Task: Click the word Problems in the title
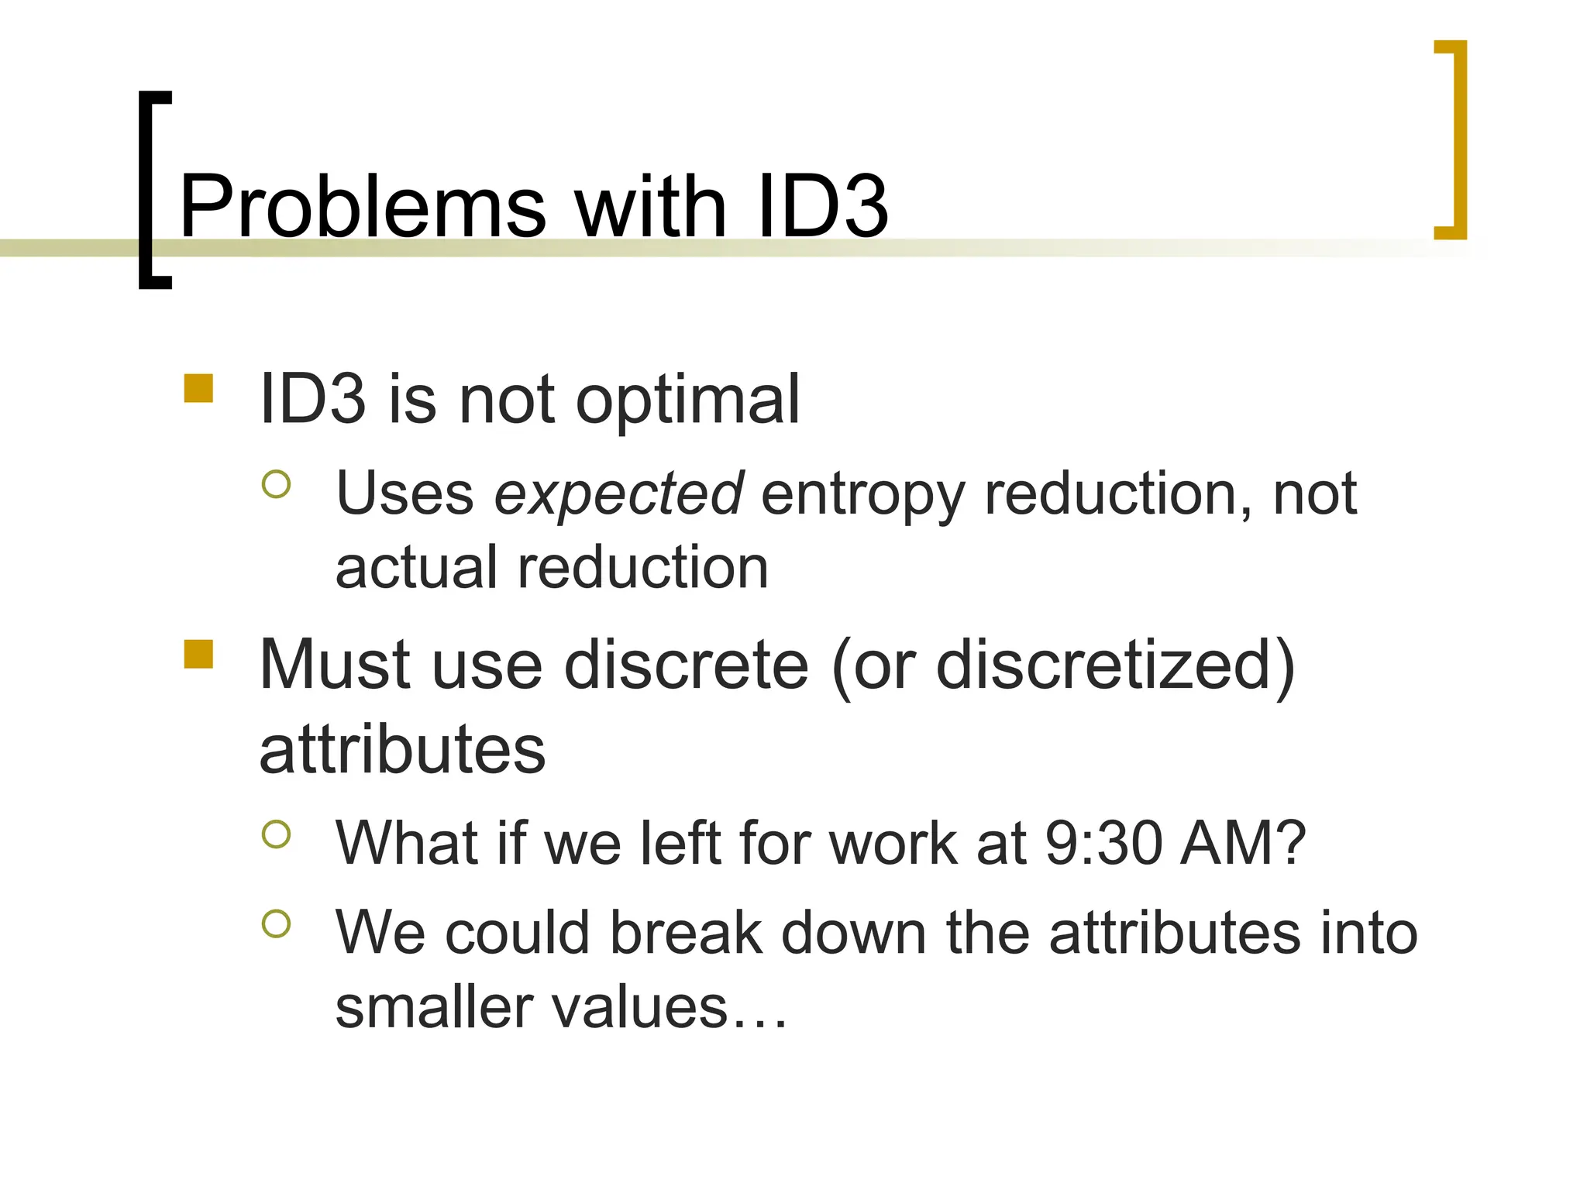(363, 208)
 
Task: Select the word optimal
(687, 400)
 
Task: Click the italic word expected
(619, 494)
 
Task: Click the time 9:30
(1104, 843)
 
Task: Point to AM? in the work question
(1243, 843)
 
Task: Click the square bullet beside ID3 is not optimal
(198, 389)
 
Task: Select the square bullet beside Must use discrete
(198, 654)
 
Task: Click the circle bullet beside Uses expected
(276, 484)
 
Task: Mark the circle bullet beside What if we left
(276, 834)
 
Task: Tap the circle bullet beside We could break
(276, 923)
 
